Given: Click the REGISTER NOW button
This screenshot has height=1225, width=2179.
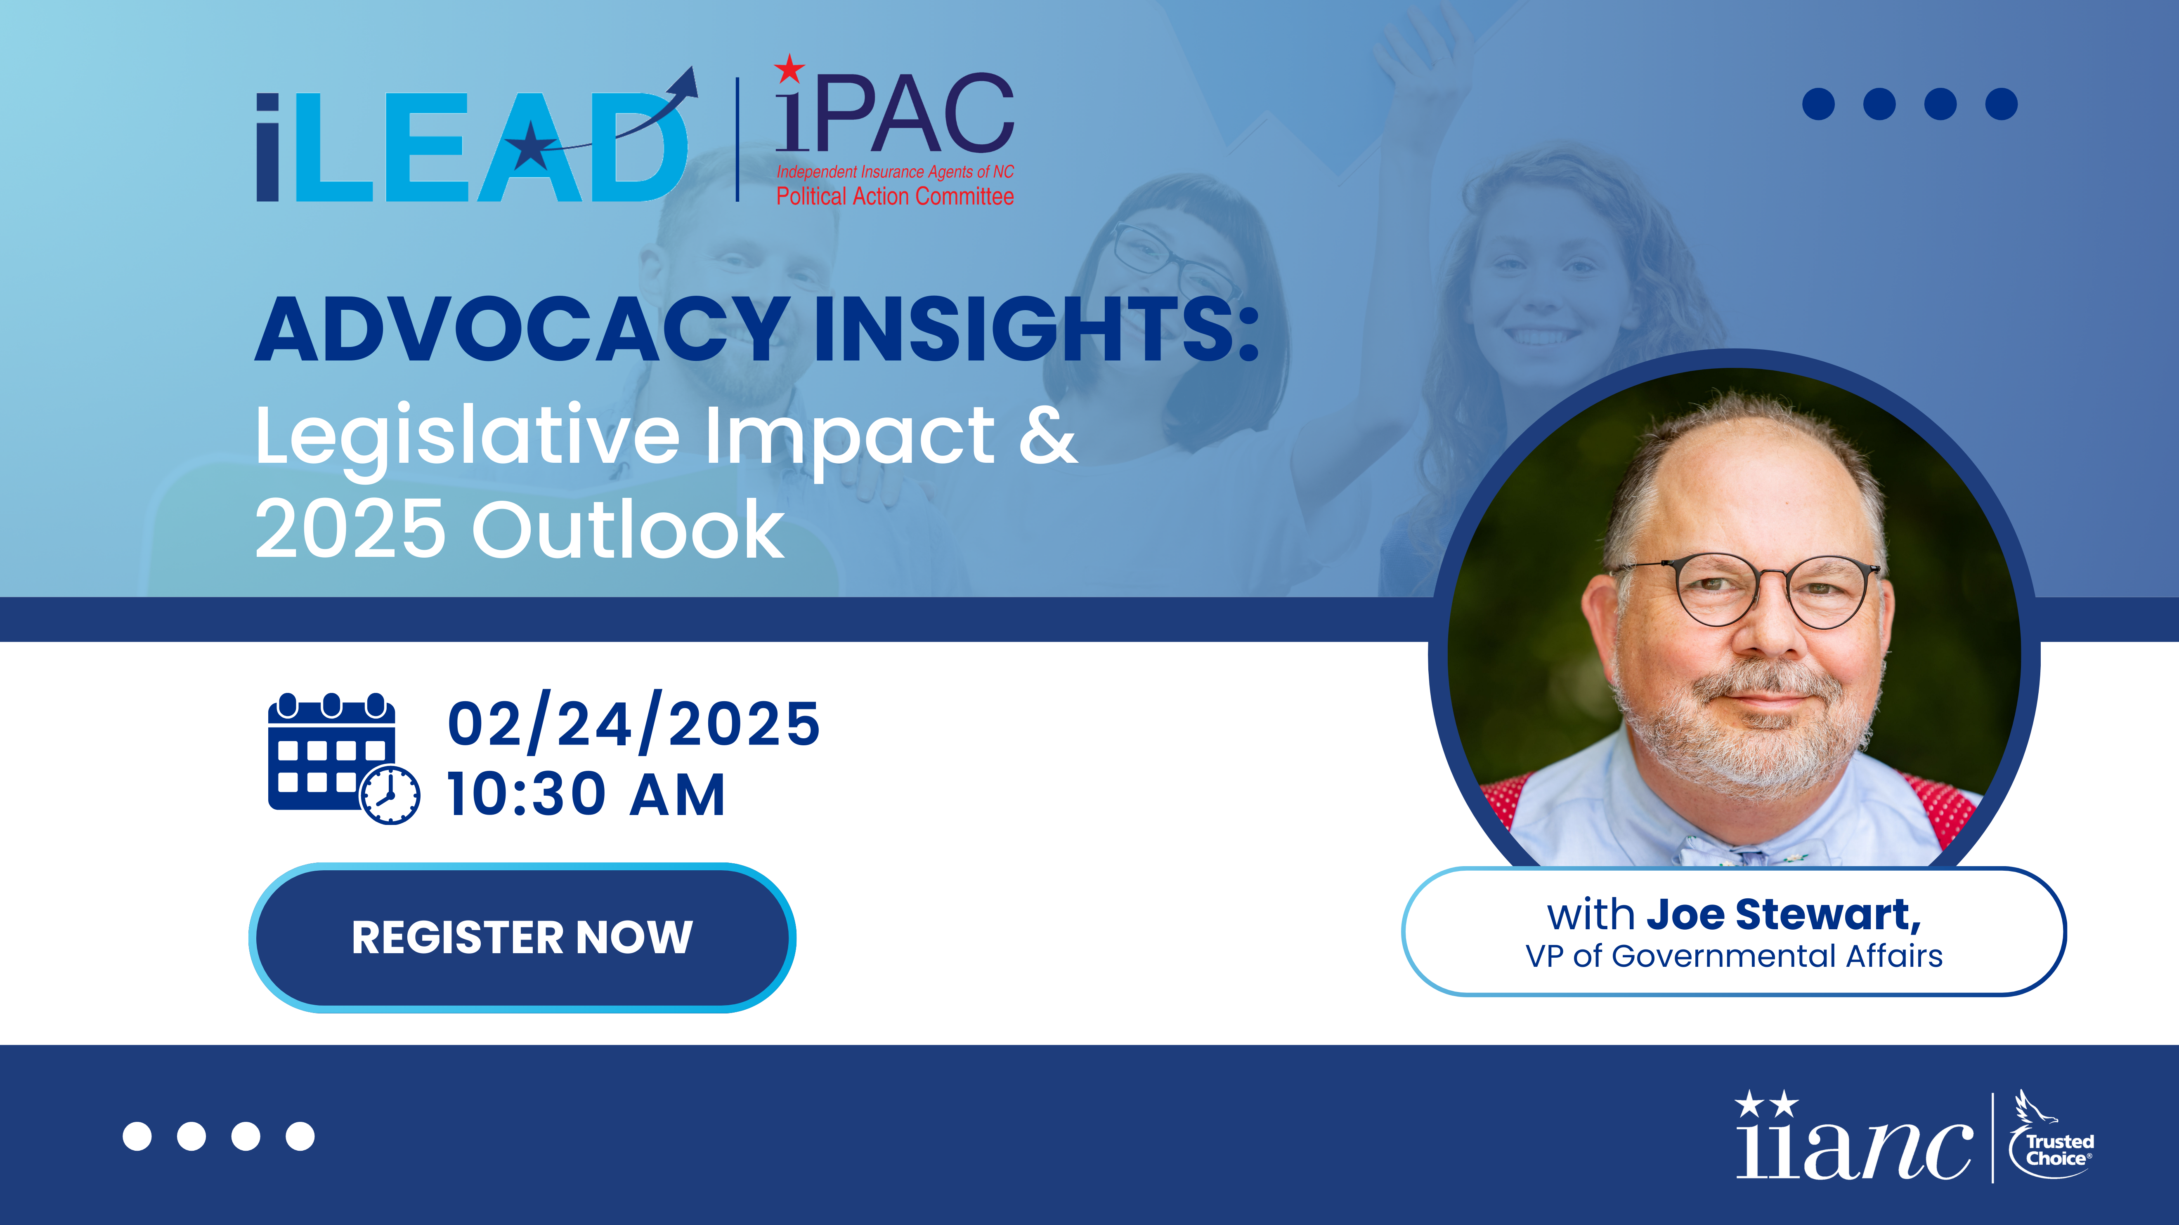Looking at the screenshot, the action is (522, 938).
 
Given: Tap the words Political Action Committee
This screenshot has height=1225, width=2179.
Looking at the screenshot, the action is (895, 196).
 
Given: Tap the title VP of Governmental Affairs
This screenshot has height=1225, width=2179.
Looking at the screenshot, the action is (1734, 956).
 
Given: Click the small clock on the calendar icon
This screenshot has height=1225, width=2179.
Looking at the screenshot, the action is (390, 795).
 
